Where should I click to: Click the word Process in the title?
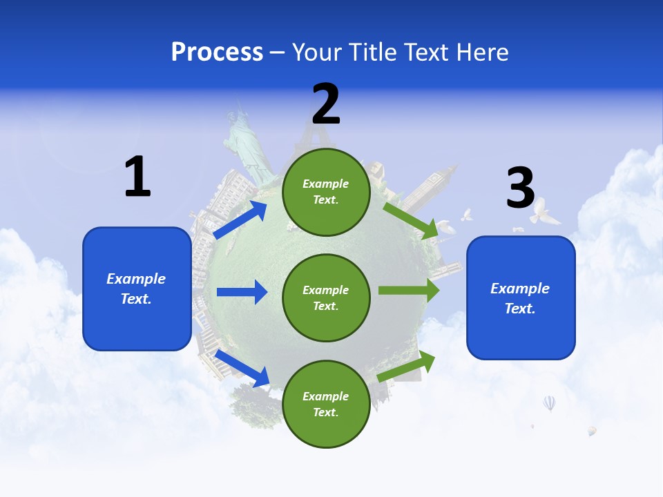217,52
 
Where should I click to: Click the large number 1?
137,177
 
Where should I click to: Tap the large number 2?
326,104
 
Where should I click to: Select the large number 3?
520,188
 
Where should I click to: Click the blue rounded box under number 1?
137,289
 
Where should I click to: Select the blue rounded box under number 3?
521,298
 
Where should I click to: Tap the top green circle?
326,192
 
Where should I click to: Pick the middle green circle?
326,298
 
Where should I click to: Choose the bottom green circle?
326,404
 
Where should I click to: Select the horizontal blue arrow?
242,292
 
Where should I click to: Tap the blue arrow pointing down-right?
242,368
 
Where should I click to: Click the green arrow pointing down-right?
410,220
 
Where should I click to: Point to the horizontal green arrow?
409,290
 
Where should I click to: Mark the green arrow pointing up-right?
406,367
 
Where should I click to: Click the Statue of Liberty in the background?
245,142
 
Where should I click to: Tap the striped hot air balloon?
549,402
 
